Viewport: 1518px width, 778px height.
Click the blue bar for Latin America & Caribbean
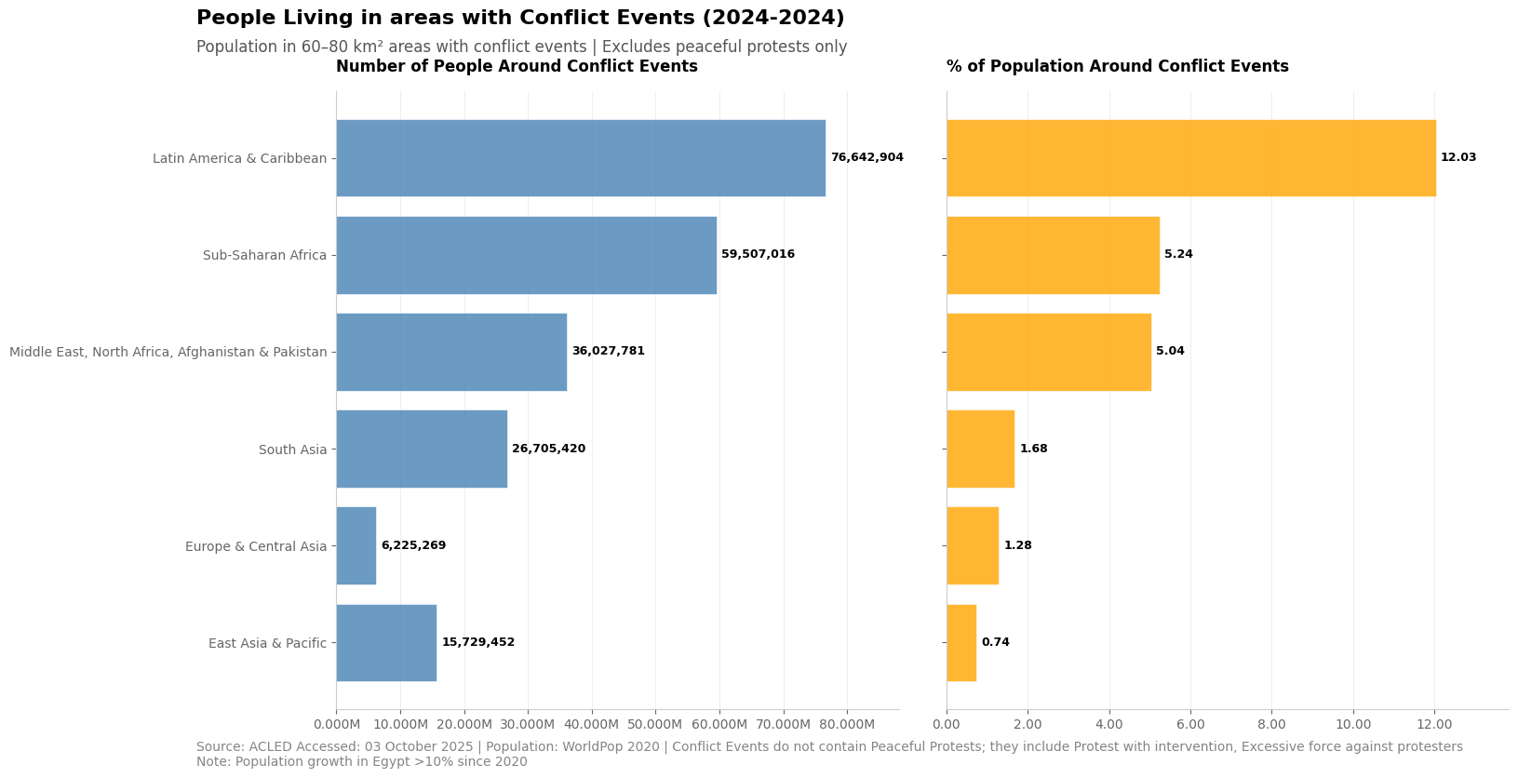(x=580, y=158)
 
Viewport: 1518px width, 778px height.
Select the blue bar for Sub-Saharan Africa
(x=526, y=255)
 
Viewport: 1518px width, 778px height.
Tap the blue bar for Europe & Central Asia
(x=356, y=545)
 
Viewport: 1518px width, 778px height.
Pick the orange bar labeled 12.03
(x=1190, y=158)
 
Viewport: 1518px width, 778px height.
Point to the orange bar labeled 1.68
(x=980, y=449)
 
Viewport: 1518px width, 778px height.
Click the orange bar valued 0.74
(x=961, y=643)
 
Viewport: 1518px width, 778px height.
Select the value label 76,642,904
(x=866, y=158)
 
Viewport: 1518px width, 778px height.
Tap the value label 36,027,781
(x=608, y=352)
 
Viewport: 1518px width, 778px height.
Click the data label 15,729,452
(x=477, y=643)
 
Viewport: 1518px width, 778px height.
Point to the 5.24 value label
(x=1178, y=255)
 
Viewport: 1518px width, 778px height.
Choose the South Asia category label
(x=292, y=450)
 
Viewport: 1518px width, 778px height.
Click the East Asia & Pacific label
(x=267, y=644)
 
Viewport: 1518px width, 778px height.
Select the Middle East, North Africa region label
(x=168, y=353)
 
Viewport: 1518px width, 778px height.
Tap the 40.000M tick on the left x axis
(x=591, y=725)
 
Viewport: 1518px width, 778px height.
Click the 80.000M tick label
(x=846, y=725)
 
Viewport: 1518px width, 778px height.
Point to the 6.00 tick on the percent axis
(x=1190, y=725)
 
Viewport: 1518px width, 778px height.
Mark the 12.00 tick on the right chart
(x=1434, y=725)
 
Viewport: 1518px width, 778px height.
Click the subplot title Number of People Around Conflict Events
(x=517, y=67)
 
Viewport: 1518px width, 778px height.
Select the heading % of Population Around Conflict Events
(x=1117, y=67)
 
